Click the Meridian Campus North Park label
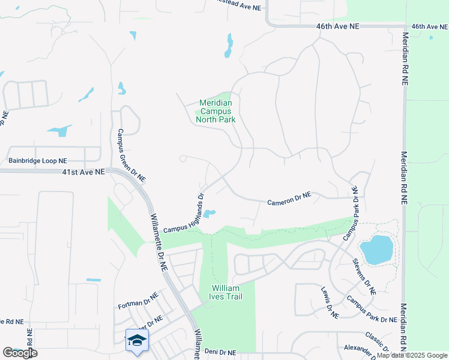(215, 111)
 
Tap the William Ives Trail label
(226, 292)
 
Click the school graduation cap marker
(137, 340)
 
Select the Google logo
(20, 353)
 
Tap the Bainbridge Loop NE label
(38, 161)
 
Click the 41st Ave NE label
(83, 172)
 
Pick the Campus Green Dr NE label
(131, 155)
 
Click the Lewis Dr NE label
(330, 302)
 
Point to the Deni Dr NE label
(220, 353)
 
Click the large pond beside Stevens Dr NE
(376, 250)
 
